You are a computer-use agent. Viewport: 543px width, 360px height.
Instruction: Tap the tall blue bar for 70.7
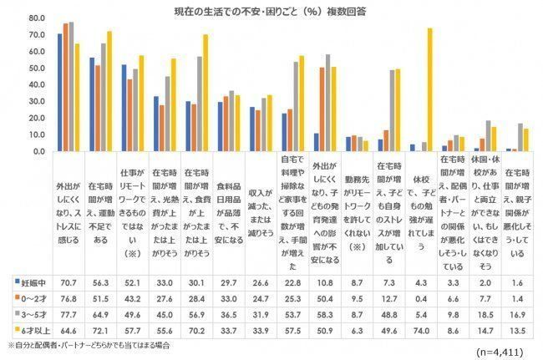point(59,93)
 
